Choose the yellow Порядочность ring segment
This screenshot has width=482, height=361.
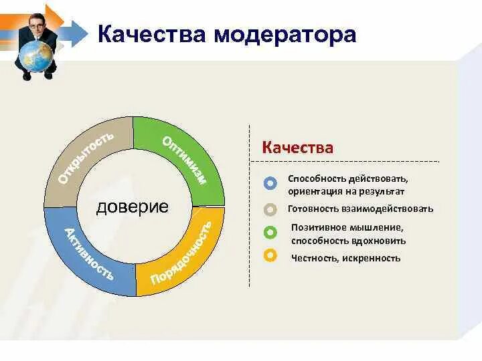click(x=181, y=254)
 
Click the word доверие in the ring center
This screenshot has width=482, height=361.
click(x=132, y=207)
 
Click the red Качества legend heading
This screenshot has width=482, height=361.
click(x=297, y=147)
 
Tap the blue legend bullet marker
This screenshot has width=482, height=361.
click(x=270, y=183)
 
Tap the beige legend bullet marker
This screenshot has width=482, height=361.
click(x=270, y=209)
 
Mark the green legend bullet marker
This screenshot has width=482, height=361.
click(x=270, y=233)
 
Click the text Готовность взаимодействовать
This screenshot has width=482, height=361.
click(x=360, y=209)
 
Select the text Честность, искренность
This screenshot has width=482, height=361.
click(x=345, y=257)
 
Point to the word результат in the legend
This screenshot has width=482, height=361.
click(x=383, y=191)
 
